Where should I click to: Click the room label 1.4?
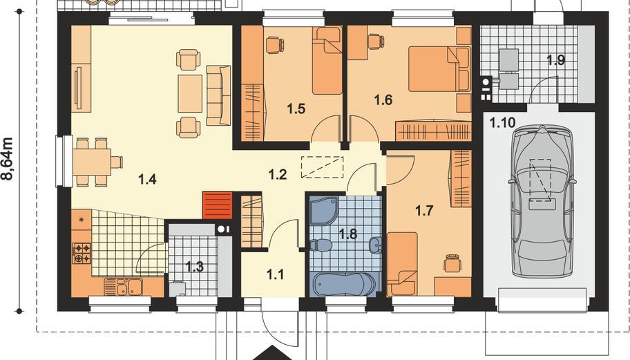(x=147, y=179)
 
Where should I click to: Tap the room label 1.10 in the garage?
(x=502, y=122)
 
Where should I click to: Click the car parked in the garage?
(x=542, y=201)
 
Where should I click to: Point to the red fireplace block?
(x=218, y=206)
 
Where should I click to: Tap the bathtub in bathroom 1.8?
(x=344, y=285)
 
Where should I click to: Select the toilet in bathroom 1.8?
(x=321, y=245)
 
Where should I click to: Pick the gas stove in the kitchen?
(x=82, y=253)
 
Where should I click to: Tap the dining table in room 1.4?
(x=92, y=162)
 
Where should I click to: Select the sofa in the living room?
(x=218, y=95)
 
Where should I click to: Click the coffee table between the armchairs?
(x=190, y=93)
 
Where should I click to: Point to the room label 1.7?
(x=424, y=210)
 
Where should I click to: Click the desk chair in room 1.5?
(x=274, y=44)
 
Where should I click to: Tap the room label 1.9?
(x=555, y=60)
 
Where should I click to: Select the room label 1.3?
(x=195, y=267)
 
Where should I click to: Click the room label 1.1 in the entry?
(x=275, y=274)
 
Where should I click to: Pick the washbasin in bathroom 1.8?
(x=376, y=245)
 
